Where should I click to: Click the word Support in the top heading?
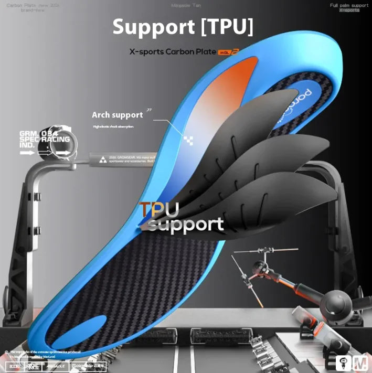tap(153, 27)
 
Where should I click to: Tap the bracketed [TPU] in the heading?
tap(227, 27)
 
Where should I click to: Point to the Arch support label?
tap(117, 115)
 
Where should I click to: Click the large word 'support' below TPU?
tap(185, 225)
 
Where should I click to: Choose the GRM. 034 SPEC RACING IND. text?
tap(37, 139)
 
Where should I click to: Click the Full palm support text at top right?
tap(349, 5)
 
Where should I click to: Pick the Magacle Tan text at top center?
tap(186, 5)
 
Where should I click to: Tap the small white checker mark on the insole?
tap(188, 139)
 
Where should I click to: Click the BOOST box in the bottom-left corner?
tap(14, 366)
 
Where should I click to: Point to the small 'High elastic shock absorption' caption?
tap(113, 126)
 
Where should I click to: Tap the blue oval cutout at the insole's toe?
tap(79, 330)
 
